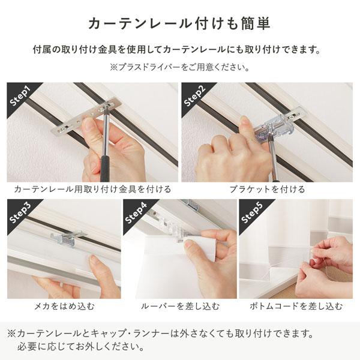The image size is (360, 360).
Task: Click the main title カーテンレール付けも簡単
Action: pyautogui.click(x=179, y=23)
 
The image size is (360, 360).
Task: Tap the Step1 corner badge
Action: pyautogui.click(x=22, y=97)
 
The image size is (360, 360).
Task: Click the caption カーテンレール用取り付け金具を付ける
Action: pyautogui.click(x=92, y=189)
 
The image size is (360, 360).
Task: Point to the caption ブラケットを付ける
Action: pyautogui.click(x=267, y=189)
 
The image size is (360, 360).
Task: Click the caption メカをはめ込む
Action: pyautogui.click(x=63, y=306)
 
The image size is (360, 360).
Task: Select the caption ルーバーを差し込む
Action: pyautogui.click(x=180, y=306)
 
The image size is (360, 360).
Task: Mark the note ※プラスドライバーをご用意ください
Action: pyautogui.click(x=179, y=67)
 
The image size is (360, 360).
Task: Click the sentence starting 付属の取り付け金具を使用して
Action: pyautogui.click(x=179, y=49)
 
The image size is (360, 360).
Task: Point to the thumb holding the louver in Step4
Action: pyautogui.click(x=191, y=245)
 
